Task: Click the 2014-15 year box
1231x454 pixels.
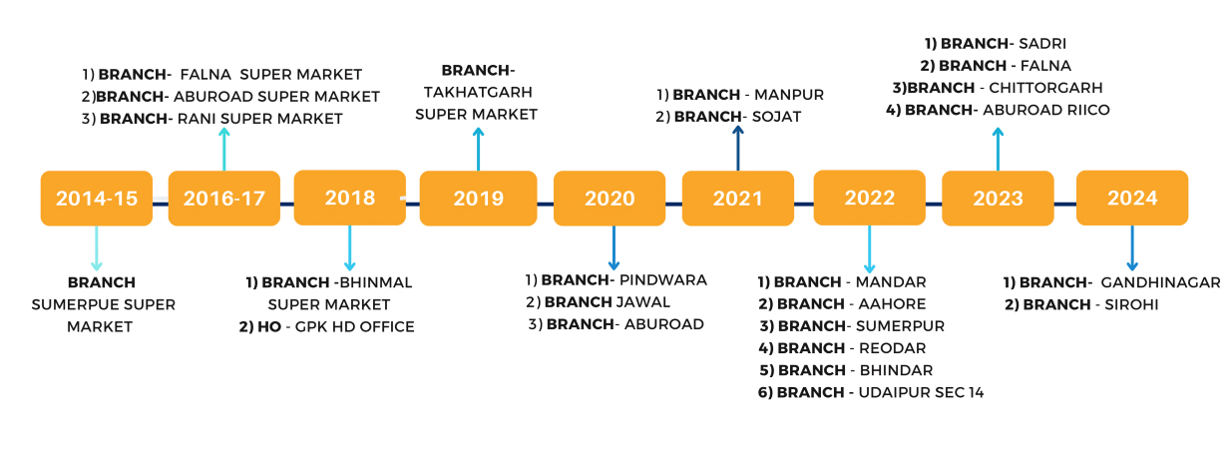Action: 97,198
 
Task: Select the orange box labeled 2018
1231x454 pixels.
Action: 350,198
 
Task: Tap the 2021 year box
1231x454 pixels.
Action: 738,198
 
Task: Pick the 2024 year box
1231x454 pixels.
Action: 1132,198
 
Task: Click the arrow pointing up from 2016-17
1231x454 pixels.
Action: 223,149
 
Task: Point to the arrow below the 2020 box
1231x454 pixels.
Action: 614,247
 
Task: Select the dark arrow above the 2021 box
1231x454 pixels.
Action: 738,148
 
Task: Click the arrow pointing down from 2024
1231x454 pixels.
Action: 1132,247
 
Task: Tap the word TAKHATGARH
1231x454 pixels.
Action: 478,92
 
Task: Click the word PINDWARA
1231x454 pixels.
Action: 663,279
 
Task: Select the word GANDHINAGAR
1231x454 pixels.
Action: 1160,282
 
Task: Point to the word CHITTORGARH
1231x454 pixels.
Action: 1045,88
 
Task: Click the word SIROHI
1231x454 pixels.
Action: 1131,304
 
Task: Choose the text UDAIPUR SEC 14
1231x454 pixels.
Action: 921,392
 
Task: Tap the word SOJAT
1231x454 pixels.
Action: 776,117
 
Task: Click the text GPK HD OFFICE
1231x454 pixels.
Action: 355,326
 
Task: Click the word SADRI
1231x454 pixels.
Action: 1042,44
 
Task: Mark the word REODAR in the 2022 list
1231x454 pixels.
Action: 893,348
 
